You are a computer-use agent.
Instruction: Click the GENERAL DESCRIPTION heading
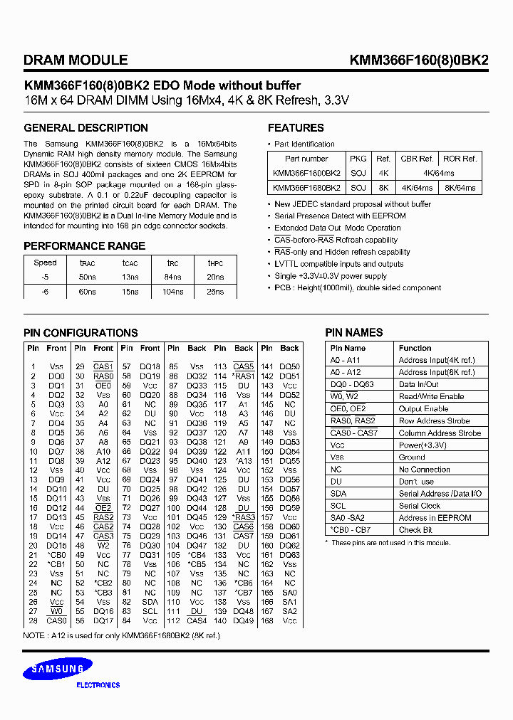coord(85,128)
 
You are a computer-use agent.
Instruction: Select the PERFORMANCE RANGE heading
coord(84,246)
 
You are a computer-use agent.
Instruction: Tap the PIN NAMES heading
coord(354,332)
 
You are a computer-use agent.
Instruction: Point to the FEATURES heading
coord(296,128)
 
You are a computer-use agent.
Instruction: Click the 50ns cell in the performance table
coord(88,277)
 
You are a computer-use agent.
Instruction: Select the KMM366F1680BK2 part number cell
coord(306,188)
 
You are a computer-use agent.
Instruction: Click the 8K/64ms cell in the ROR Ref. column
coord(460,188)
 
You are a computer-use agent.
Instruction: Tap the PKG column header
coord(358,159)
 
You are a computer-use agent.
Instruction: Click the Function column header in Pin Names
coord(415,348)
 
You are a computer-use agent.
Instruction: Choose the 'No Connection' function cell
coord(424,470)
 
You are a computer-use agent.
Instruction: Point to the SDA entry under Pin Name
coord(338,494)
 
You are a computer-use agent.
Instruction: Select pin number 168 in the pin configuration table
coord(266,620)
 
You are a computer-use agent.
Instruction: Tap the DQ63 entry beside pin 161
coord(289,555)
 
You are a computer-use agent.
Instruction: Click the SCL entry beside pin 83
coord(150,611)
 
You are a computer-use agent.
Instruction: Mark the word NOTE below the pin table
coord(34,635)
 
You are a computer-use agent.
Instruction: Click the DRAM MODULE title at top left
coord(76,60)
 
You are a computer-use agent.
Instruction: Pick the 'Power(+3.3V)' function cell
coord(423,445)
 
